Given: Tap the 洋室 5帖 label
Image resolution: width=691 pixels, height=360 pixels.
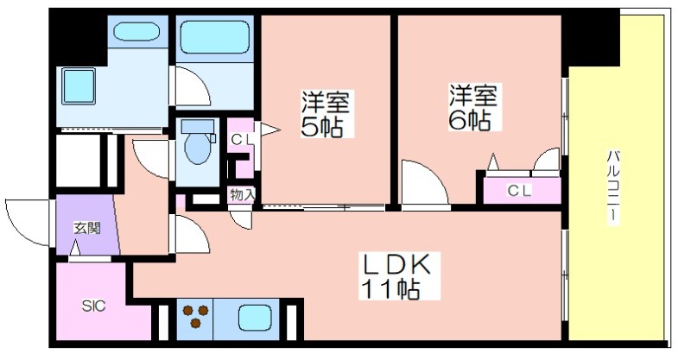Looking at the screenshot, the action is pos(326,113).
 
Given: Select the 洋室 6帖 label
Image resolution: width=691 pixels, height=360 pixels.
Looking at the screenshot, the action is pos(472,108).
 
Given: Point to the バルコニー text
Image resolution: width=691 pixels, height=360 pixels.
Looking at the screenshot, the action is pos(612,187).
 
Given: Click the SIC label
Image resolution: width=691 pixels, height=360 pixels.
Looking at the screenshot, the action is pos(93,306).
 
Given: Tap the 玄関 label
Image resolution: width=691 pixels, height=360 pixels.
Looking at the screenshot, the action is pos(87,228).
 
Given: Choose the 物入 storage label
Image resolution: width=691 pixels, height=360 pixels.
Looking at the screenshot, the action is pos(242,195).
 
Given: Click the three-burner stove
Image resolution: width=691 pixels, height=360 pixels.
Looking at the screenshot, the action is pos(195,316).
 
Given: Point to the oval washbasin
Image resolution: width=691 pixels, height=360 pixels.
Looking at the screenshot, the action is pos(136,31).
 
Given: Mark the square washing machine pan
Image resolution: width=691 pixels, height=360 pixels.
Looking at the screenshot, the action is pos(79,85).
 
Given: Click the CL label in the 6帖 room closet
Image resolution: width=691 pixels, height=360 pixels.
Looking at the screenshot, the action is pos(520,191).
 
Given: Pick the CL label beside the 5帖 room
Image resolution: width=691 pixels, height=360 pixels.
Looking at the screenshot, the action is pos(242,140).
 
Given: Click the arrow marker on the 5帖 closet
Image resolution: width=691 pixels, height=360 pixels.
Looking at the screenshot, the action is pos(269,129).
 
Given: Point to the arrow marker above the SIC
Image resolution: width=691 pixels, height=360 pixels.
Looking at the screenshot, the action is pos(76,248).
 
